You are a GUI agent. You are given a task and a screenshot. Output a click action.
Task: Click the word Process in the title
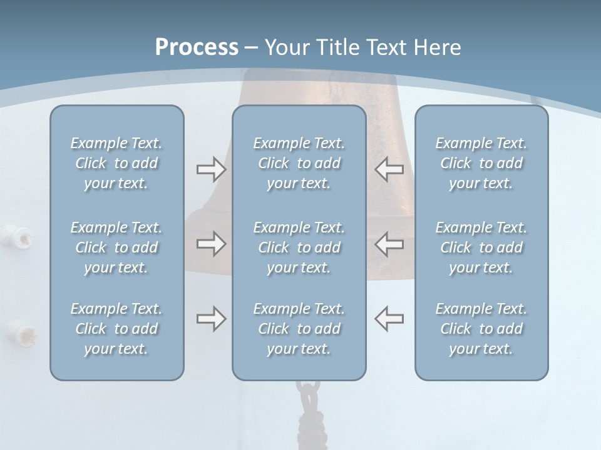197,47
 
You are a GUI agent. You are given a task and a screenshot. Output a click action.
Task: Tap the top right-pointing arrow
211,169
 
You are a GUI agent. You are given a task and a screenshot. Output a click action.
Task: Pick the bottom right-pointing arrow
211,319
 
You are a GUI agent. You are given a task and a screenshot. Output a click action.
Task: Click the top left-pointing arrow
389,169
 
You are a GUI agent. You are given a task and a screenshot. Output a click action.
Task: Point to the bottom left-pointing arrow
389,319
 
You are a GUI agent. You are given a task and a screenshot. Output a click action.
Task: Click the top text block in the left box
116,163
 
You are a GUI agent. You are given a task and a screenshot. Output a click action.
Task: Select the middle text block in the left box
116,247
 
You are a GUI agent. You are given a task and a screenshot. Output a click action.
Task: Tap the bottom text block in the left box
116,329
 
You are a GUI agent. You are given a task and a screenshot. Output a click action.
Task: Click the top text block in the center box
299,163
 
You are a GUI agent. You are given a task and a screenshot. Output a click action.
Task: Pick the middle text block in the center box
299,247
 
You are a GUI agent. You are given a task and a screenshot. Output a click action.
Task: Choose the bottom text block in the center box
299,329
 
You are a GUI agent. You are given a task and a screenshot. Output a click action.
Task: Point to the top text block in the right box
481,163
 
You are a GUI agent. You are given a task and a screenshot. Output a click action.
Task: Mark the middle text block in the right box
481,247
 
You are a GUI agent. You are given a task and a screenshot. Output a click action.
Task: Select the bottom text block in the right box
481,329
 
